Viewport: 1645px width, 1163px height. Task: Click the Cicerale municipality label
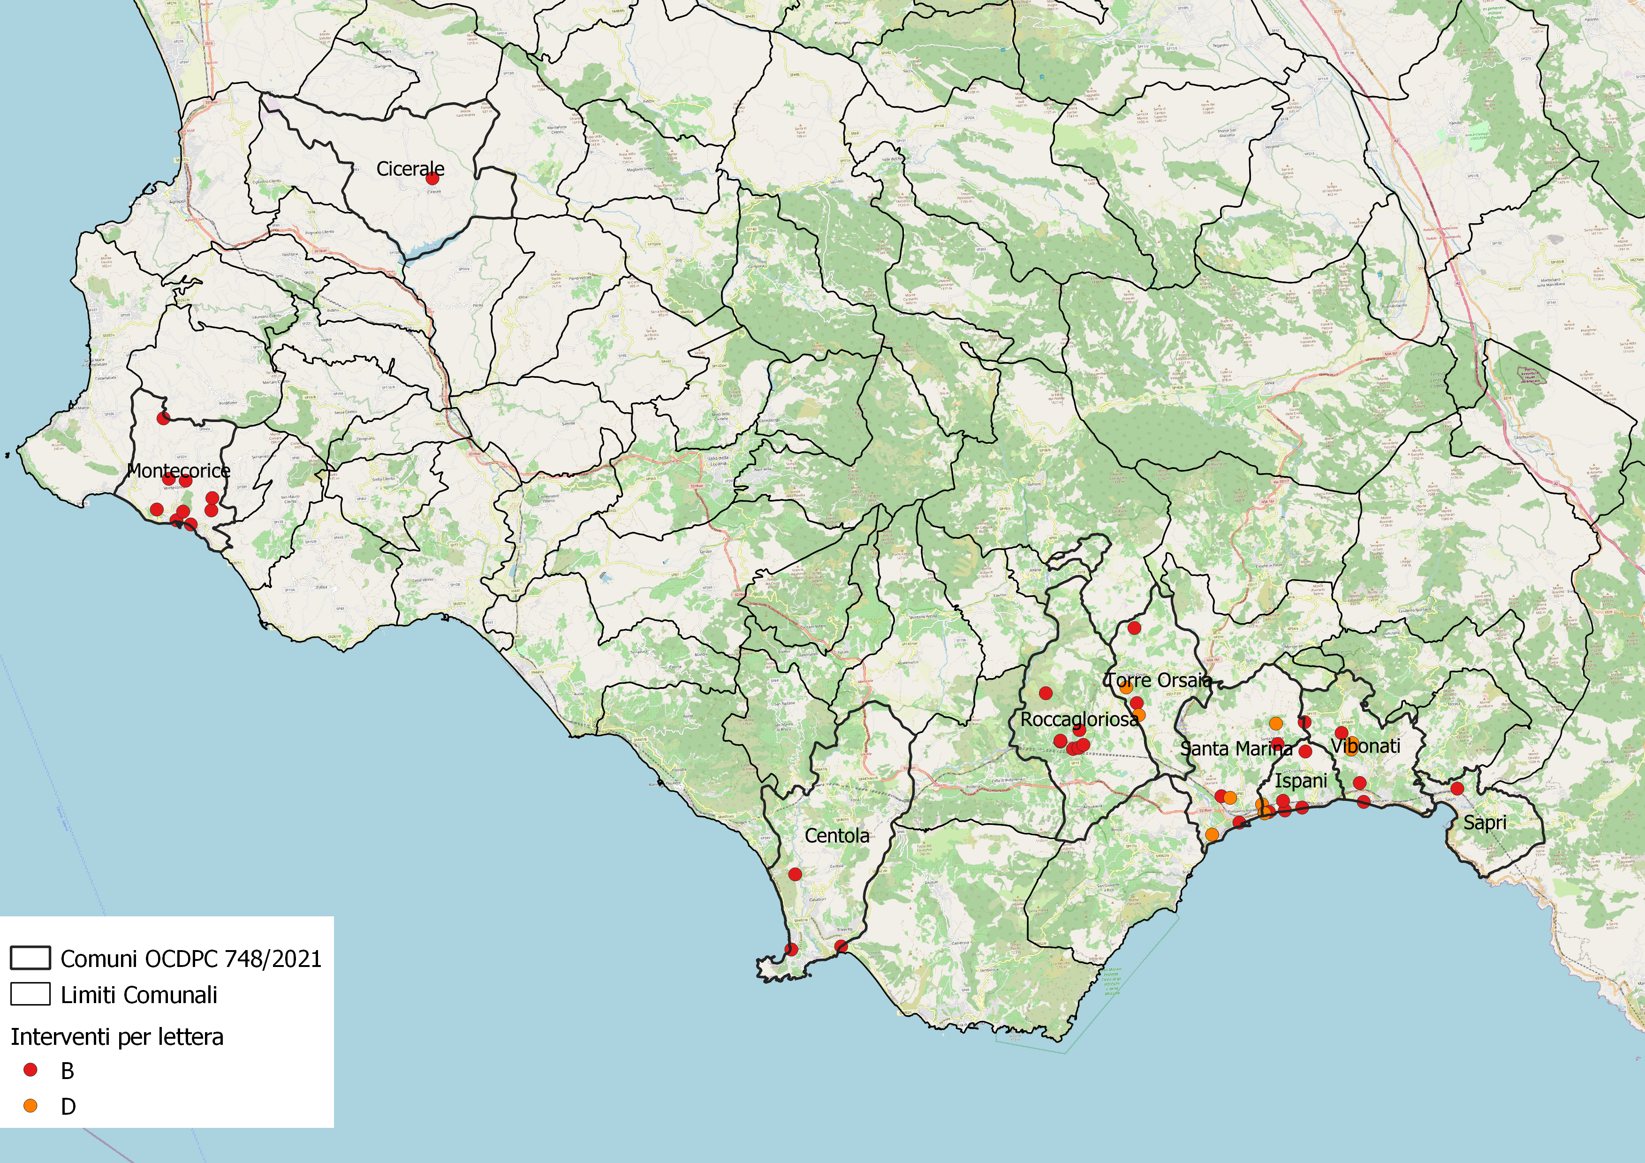tap(410, 169)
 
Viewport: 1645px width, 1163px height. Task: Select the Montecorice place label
tap(178, 470)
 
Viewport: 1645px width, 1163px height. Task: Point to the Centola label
tap(837, 836)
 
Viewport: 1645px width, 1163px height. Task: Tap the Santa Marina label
tap(1236, 749)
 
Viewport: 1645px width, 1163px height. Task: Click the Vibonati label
tap(1365, 746)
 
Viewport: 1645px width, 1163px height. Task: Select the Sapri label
tap(1485, 823)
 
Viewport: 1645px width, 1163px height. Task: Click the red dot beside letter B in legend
tap(30, 1070)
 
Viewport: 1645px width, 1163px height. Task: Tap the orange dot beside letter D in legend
tap(30, 1106)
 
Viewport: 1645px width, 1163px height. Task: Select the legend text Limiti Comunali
tap(139, 995)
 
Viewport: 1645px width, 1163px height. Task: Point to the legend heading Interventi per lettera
tap(117, 1037)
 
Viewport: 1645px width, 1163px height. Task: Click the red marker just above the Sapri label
tap(1456, 788)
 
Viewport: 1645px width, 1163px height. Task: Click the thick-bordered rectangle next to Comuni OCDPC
tap(30, 958)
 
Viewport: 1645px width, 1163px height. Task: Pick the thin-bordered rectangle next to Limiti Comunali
tap(30, 994)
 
